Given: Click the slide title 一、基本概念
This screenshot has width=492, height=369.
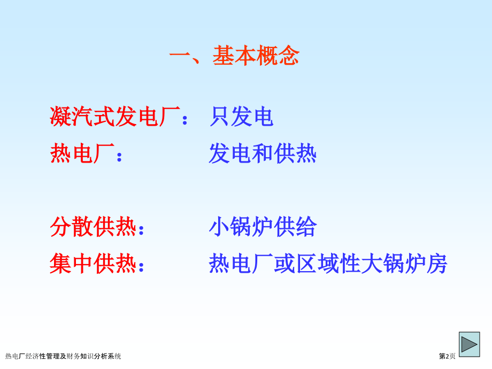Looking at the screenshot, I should pos(234,56).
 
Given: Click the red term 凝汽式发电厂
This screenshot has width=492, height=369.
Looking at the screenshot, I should pos(114,117).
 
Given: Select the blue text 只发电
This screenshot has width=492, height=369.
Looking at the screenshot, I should pos(241,117).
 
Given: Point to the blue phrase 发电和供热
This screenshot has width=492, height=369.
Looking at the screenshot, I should pos(263,154).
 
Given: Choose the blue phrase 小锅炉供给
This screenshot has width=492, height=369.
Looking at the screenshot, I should pos(263,227).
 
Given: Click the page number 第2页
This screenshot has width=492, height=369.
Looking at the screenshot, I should pos(447,356).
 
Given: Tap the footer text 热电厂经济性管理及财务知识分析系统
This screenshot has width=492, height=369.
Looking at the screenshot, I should pos(63,356).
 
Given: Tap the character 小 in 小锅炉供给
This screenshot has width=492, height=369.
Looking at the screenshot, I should pos(219,227).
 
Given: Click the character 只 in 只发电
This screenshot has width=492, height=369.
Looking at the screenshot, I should pos(219,117).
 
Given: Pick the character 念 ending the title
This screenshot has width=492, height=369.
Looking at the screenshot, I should pos(289,56).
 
